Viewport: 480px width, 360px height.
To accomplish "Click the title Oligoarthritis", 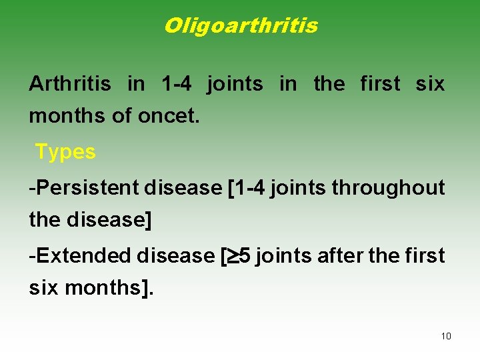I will coord(240,26).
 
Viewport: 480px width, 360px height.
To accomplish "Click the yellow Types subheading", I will coord(65,152).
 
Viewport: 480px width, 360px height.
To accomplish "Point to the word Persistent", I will coord(87,188).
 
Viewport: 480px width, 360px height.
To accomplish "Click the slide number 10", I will coord(446,336).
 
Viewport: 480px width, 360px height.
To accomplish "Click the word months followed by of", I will coord(67,115).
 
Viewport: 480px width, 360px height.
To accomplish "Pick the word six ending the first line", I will coord(429,84).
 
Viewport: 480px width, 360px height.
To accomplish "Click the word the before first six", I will coord(329,84).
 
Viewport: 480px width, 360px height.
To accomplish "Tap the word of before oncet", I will coord(121,115).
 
